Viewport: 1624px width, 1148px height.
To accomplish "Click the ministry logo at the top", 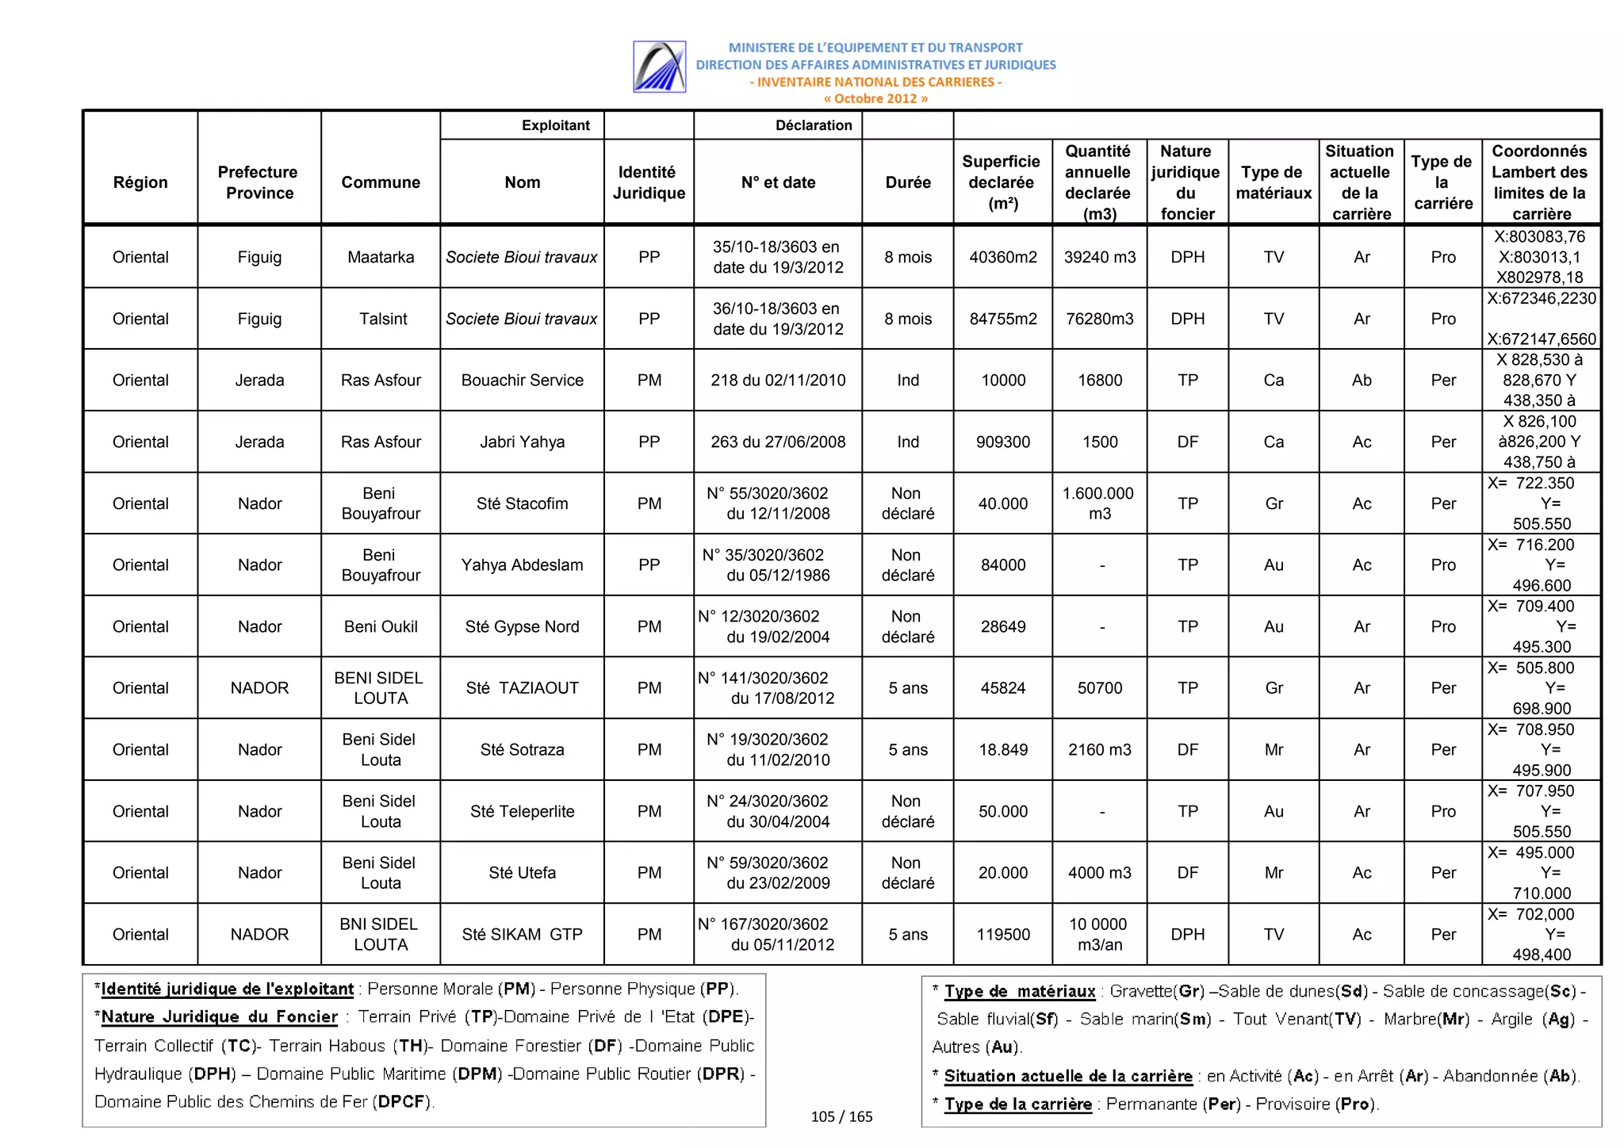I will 659,67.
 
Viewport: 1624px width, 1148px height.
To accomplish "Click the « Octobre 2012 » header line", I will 875,99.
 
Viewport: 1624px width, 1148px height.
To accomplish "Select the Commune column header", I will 381,182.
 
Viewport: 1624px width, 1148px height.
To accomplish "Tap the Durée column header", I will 907,182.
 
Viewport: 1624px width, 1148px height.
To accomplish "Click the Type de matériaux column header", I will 1273,182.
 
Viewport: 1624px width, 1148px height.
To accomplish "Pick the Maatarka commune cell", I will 381,257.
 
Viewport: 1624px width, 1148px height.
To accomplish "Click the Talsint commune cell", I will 382,319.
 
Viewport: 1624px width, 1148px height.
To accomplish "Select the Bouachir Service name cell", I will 522,380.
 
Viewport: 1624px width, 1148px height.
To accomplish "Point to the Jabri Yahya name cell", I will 522,442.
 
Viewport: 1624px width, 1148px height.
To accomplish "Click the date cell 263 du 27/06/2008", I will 777,442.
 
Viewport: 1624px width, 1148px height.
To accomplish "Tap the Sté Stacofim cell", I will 522,503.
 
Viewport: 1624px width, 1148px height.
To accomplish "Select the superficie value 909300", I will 1002,442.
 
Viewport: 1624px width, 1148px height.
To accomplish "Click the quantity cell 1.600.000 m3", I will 1099,503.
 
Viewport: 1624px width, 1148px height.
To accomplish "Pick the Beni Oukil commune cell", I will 381,626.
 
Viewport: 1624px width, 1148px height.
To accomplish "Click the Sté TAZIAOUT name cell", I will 522,688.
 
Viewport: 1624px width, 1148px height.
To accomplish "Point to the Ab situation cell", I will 1361,380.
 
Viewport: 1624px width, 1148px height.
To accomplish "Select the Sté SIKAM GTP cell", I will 522,934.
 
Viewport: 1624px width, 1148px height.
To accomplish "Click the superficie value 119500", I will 1002,934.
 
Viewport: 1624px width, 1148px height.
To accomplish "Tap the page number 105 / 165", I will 841,1116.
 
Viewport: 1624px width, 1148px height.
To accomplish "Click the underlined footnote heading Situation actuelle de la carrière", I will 1067,1076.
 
